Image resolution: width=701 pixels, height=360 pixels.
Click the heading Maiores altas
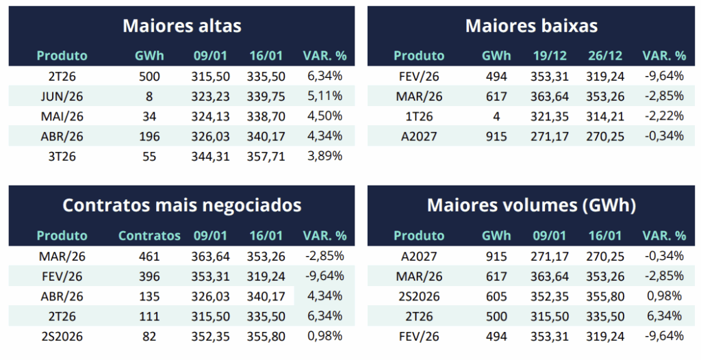click(x=181, y=26)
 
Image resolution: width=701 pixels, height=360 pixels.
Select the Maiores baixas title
click(x=531, y=26)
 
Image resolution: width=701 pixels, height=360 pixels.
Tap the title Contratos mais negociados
click(x=181, y=205)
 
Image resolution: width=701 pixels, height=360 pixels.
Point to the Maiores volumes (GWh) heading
click(x=531, y=205)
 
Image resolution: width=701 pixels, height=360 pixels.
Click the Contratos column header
click(x=149, y=235)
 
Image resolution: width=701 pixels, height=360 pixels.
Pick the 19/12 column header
click(x=549, y=55)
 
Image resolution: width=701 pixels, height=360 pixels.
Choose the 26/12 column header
click(x=604, y=55)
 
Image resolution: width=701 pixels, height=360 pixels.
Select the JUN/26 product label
click(x=62, y=96)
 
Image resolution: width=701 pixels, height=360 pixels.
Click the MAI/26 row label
click(x=62, y=116)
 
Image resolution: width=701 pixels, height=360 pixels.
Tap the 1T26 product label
click(x=419, y=116)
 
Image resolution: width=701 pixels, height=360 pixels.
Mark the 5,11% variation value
click(x=324, y=96)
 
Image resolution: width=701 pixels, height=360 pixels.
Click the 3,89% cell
click(x=324, y=156)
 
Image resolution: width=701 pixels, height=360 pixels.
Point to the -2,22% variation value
click(x=664, y=116)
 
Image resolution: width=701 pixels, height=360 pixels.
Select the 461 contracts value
click(x=149, y=257)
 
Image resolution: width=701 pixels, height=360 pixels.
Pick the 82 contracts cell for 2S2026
click(x=149, y=336)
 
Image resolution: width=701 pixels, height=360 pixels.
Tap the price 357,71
click(x=264, y=156)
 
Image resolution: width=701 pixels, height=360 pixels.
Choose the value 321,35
click(x=549, y=116)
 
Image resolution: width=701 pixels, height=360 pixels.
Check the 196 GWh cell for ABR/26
click(x=149, y=136)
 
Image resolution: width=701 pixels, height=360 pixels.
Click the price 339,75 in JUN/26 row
click(x=264, y=96)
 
